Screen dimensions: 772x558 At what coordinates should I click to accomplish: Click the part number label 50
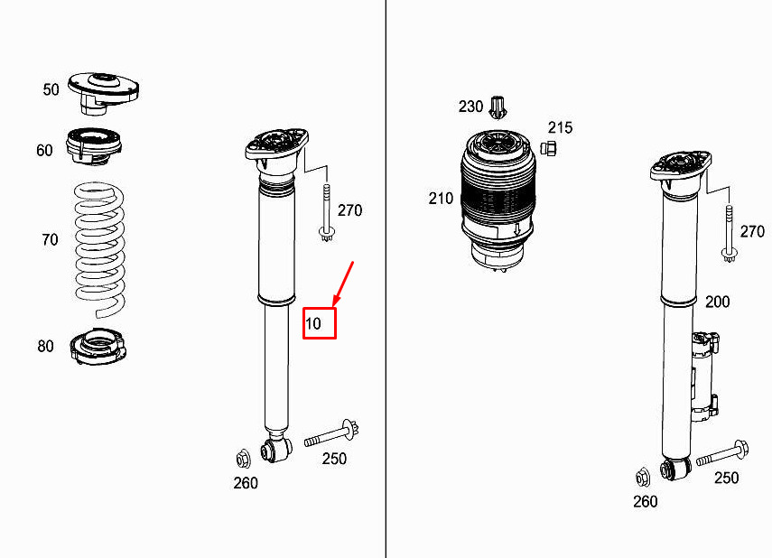click(51, 89)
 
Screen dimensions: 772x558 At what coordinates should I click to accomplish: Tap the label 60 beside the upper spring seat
click(44, 150)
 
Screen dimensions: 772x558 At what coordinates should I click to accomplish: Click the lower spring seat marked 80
click(98, 347)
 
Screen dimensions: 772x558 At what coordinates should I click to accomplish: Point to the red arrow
click(344, 284)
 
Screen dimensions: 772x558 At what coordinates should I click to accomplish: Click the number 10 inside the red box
click(313, 323)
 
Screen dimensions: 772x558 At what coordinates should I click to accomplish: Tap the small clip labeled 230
click(498, 107)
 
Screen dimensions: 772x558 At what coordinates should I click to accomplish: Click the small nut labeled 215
click(548, 148)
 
